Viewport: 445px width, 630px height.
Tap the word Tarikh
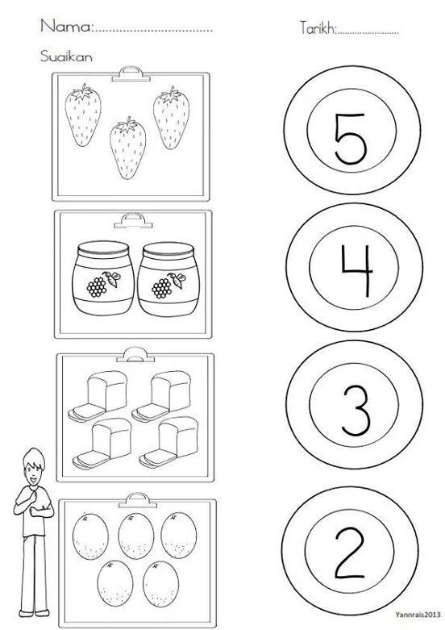[317, 27]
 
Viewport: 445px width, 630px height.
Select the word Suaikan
[66, 56]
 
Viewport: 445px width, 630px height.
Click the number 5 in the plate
[351, 139]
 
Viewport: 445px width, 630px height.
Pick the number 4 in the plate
[356, 270]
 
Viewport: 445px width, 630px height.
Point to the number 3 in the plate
[356, 411]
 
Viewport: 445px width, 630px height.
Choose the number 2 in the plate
[350, 553]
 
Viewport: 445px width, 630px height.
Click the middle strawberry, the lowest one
[127, 148]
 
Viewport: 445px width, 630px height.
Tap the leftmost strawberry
[83, 115]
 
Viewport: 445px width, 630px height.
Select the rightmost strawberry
[171, 118]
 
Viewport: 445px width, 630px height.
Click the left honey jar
[103, 278]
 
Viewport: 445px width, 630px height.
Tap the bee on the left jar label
[113, 278]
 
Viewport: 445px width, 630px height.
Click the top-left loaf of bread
[98, 396]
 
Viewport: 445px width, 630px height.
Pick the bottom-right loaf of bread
[168, 442]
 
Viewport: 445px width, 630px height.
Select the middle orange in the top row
[136, 536]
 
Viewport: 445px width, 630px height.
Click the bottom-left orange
[114, 584]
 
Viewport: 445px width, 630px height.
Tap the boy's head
[34, 467]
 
